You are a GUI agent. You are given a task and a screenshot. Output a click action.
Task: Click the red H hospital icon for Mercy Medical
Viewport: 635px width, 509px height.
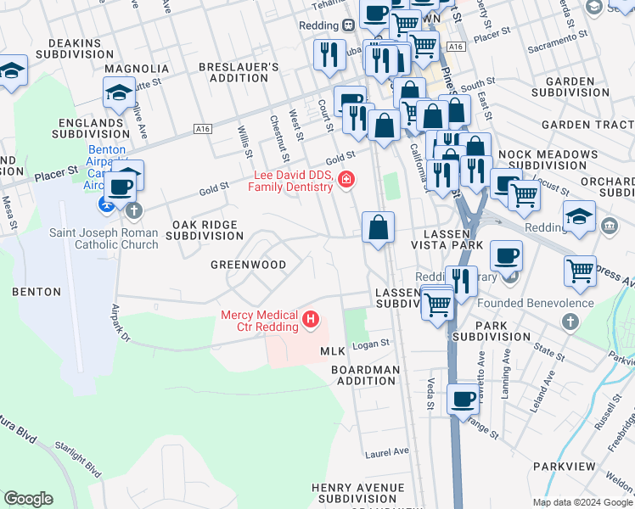coord(311,321)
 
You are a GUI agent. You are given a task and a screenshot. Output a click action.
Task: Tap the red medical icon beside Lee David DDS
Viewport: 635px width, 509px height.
coord(346,178)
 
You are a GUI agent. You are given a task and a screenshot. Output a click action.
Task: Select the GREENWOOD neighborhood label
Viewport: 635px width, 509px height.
coord(248,265)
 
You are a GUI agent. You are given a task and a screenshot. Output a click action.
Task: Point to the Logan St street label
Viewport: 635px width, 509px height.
coord(370,344)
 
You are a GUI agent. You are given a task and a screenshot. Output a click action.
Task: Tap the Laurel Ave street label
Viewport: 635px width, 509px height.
coord(386,451)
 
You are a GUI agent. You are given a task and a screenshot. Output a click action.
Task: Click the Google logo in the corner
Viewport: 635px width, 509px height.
coord(28,499)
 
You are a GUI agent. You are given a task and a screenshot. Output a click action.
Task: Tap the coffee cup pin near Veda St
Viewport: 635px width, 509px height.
coord(463,399)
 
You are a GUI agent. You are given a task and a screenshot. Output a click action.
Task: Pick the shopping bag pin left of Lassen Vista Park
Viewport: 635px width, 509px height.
coord(378,227)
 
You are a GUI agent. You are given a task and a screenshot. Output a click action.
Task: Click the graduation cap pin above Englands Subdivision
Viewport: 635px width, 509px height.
coord(120,91)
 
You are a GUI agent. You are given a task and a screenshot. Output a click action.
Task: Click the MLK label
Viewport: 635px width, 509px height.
coord(332,351)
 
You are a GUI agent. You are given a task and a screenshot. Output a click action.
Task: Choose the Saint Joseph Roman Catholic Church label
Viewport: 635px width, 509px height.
coord(104,238)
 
